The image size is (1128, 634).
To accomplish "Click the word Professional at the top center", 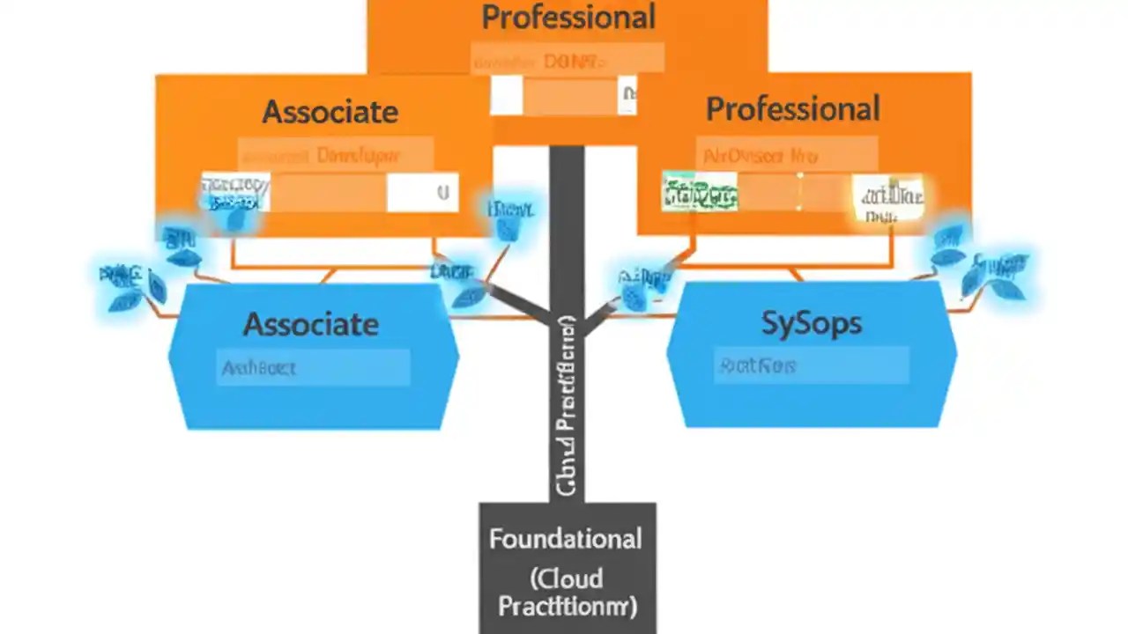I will pyautogui.click(x=568, y=18).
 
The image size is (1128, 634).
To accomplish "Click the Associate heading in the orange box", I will pyautogui.click(x=330, y=112).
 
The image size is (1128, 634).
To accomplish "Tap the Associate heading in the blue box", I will pyautogui.click(x=311, y=324).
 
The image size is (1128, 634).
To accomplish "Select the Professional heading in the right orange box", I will pyautogui.click(x=792, y=109).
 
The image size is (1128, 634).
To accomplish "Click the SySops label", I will pyautogui.click(x=811, y=323).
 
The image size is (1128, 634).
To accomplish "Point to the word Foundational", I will pyautogui.click(x=566, y=538).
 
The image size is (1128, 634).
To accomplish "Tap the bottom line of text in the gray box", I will pyautogui.click(x=568, y=607).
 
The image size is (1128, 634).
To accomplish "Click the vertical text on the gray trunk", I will pyautogui.click(x=567, y=405).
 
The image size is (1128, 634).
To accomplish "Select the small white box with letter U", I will pyautogui.click(x=422, y=193).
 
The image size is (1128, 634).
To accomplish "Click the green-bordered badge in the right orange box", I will pyautogui.click(x=700, y=191).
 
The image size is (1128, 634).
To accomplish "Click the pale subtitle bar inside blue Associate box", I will pyautogui.click(x=313, y=368).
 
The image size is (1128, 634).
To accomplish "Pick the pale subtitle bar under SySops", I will pyautogui.click(x=811, y=365).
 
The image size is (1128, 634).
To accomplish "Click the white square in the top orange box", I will pyautogui.click(x=507, y=95).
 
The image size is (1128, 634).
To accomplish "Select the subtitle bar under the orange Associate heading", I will pyautogui.click(x=335, y=155).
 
